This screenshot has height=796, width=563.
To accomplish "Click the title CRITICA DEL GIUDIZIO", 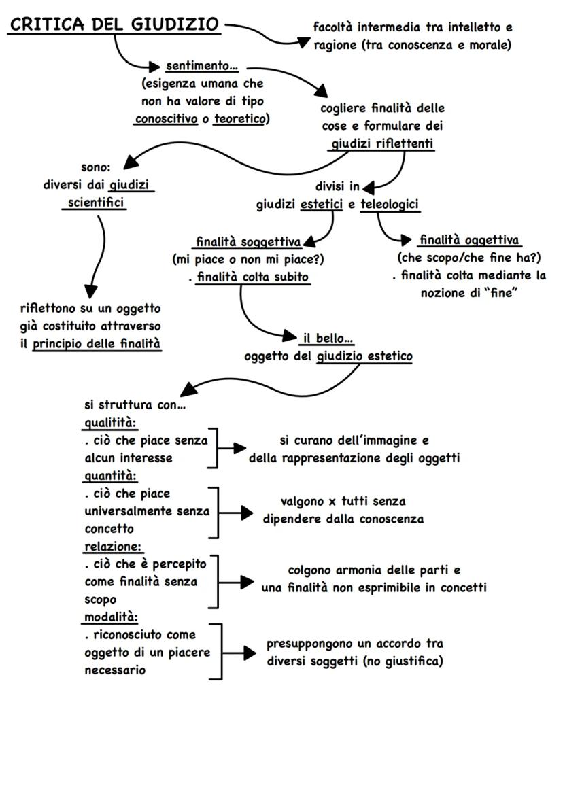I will pyautogui.click(x=114, y=24).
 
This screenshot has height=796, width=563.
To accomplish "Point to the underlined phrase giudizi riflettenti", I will pyautogui.click(x=383, y=143).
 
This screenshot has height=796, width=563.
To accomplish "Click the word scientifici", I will pyautogui.click(x=96, y=203).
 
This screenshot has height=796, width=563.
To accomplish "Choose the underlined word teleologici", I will pyautogui.click(x=390, y=205).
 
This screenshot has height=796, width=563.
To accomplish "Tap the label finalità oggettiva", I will pyautogui.click(x=470, y=240).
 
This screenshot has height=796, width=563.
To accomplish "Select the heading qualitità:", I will pyautogui.click(x=109, y=423).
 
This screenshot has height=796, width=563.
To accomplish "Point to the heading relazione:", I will pyautogui.click(x=114, y=547).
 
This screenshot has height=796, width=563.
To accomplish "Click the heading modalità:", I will pyautogui.click(x=111, y=617).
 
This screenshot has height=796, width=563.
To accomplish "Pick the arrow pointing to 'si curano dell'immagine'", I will pyautogui.click(x=231, y=449).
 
